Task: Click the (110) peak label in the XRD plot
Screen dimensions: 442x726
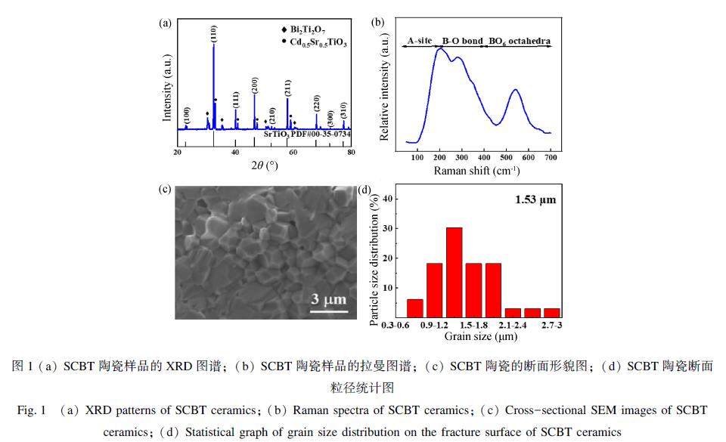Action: coord(214,33)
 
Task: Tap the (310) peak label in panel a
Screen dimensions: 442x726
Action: coord(343,110)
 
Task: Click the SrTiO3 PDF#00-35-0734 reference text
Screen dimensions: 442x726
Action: coord(307,133)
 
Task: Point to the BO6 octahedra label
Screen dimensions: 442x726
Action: coord(519,39)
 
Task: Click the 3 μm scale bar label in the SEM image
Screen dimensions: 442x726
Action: coord(329,301)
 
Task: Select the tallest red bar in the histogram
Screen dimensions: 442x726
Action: coord(455,272)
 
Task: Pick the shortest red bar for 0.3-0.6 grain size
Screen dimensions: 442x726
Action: coord(415,308)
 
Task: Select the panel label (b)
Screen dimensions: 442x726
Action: coord(378,22)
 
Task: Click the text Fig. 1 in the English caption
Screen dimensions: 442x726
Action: coord(33,410)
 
